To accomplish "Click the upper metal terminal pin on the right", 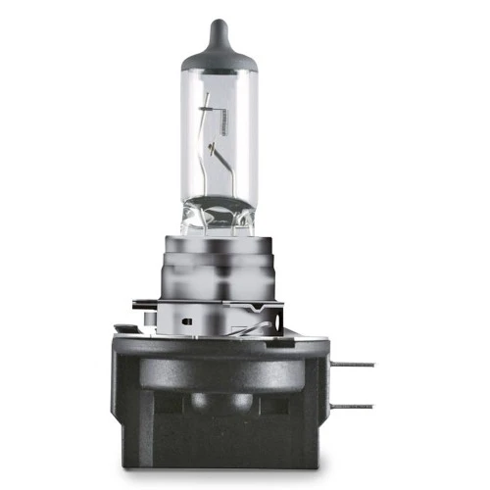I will coord(358,364).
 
